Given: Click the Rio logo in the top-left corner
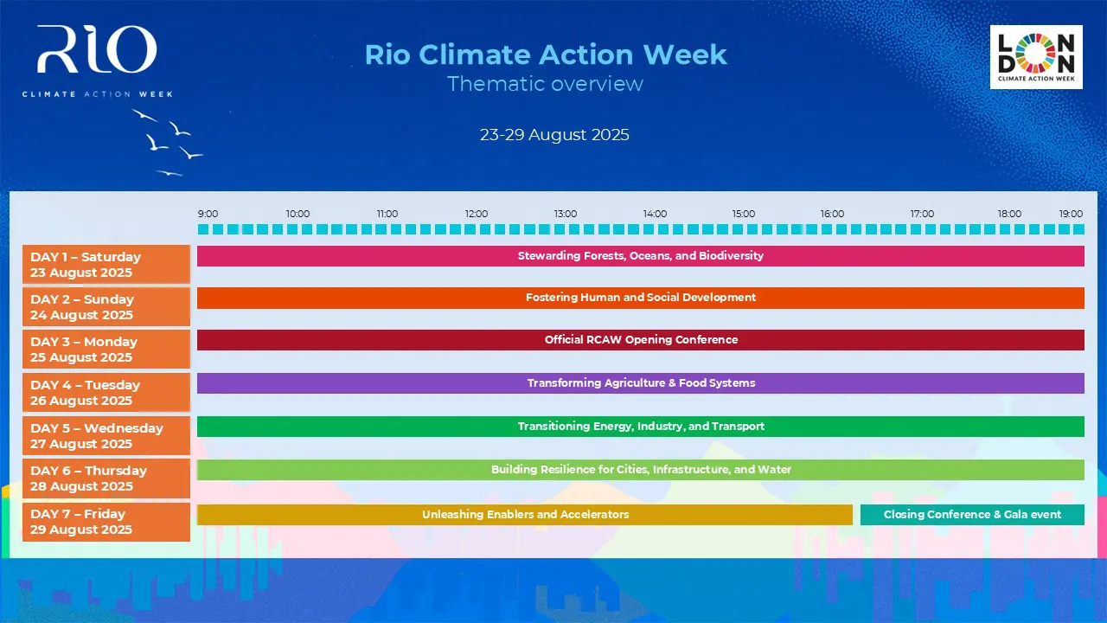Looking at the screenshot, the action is click(x=97, y=61).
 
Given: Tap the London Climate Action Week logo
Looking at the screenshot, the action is click(x=1036, y=57).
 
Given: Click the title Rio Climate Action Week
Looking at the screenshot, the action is click(x=546, y=55).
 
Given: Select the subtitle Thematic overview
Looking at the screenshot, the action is click(x=545, y=84).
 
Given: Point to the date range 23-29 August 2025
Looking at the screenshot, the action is click(x=554, y=134).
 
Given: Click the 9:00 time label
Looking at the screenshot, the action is click(x=208, y=214).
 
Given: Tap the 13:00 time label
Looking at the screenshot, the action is click(x=566, y=214).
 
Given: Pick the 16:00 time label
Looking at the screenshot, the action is click(x=832, y=214).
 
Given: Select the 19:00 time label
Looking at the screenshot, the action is click(x=1071, y=214).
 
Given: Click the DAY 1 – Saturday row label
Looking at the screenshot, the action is click(x=106, y=265).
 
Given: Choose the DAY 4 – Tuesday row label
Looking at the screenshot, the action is click(x=106, y=393).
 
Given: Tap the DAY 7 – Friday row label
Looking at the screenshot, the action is click(x=106, y=522).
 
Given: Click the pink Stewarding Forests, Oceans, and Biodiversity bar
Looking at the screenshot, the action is click(x=641, y=256).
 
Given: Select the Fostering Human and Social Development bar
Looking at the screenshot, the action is click(x=641, y=299).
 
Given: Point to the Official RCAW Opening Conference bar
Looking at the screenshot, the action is click(x=641, y=340).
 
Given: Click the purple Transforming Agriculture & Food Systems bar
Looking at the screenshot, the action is click(x=641, y=383).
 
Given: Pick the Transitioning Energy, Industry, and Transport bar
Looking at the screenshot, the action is click(x=641, y=427).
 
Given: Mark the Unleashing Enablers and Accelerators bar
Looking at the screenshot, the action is click(x=525, y=515).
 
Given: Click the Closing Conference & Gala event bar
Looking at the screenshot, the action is click(x=973, y=515).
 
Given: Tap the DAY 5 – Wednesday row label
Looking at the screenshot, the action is click(x=106, y=435).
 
